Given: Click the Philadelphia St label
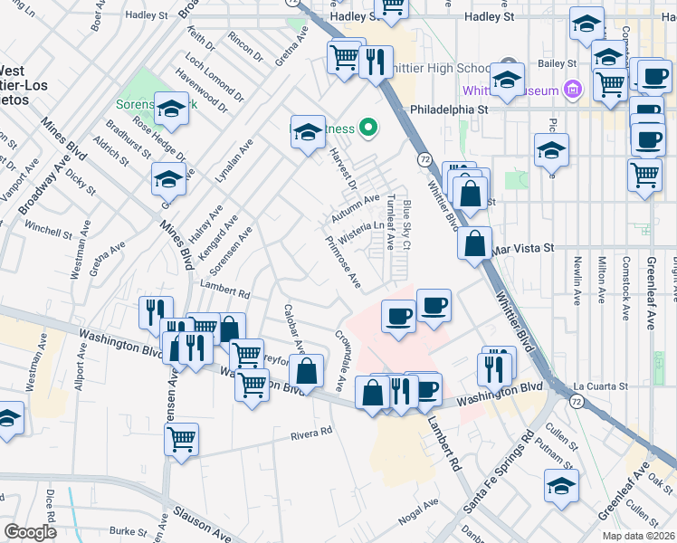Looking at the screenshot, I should pos(449,108).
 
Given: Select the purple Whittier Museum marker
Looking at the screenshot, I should pos(572,90).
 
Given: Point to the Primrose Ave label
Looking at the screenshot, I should pos(343,263).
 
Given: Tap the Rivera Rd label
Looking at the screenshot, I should pos(312,434).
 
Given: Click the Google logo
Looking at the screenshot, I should pos(29,532).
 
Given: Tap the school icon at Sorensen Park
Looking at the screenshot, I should pos(169,110).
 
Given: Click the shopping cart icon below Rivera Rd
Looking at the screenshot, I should pos(182,442).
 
